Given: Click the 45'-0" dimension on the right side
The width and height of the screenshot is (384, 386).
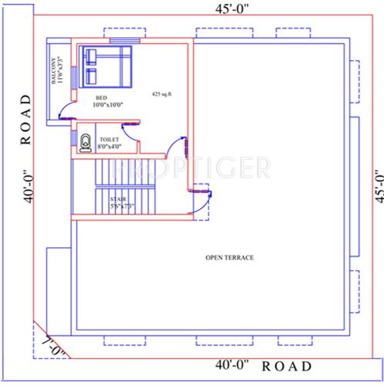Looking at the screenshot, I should pos(377,185).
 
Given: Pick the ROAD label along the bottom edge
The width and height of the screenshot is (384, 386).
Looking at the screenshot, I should pos(287,365).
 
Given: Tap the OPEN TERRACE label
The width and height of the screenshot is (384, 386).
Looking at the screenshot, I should pos(229,257).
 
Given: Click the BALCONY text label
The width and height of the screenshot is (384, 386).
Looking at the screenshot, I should pos(56,72).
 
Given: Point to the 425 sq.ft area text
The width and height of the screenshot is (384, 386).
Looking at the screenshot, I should pos(161,93).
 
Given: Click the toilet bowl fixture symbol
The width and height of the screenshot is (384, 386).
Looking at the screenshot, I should pos(84,141).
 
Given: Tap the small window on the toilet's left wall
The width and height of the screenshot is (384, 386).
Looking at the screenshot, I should pos(73,140).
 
